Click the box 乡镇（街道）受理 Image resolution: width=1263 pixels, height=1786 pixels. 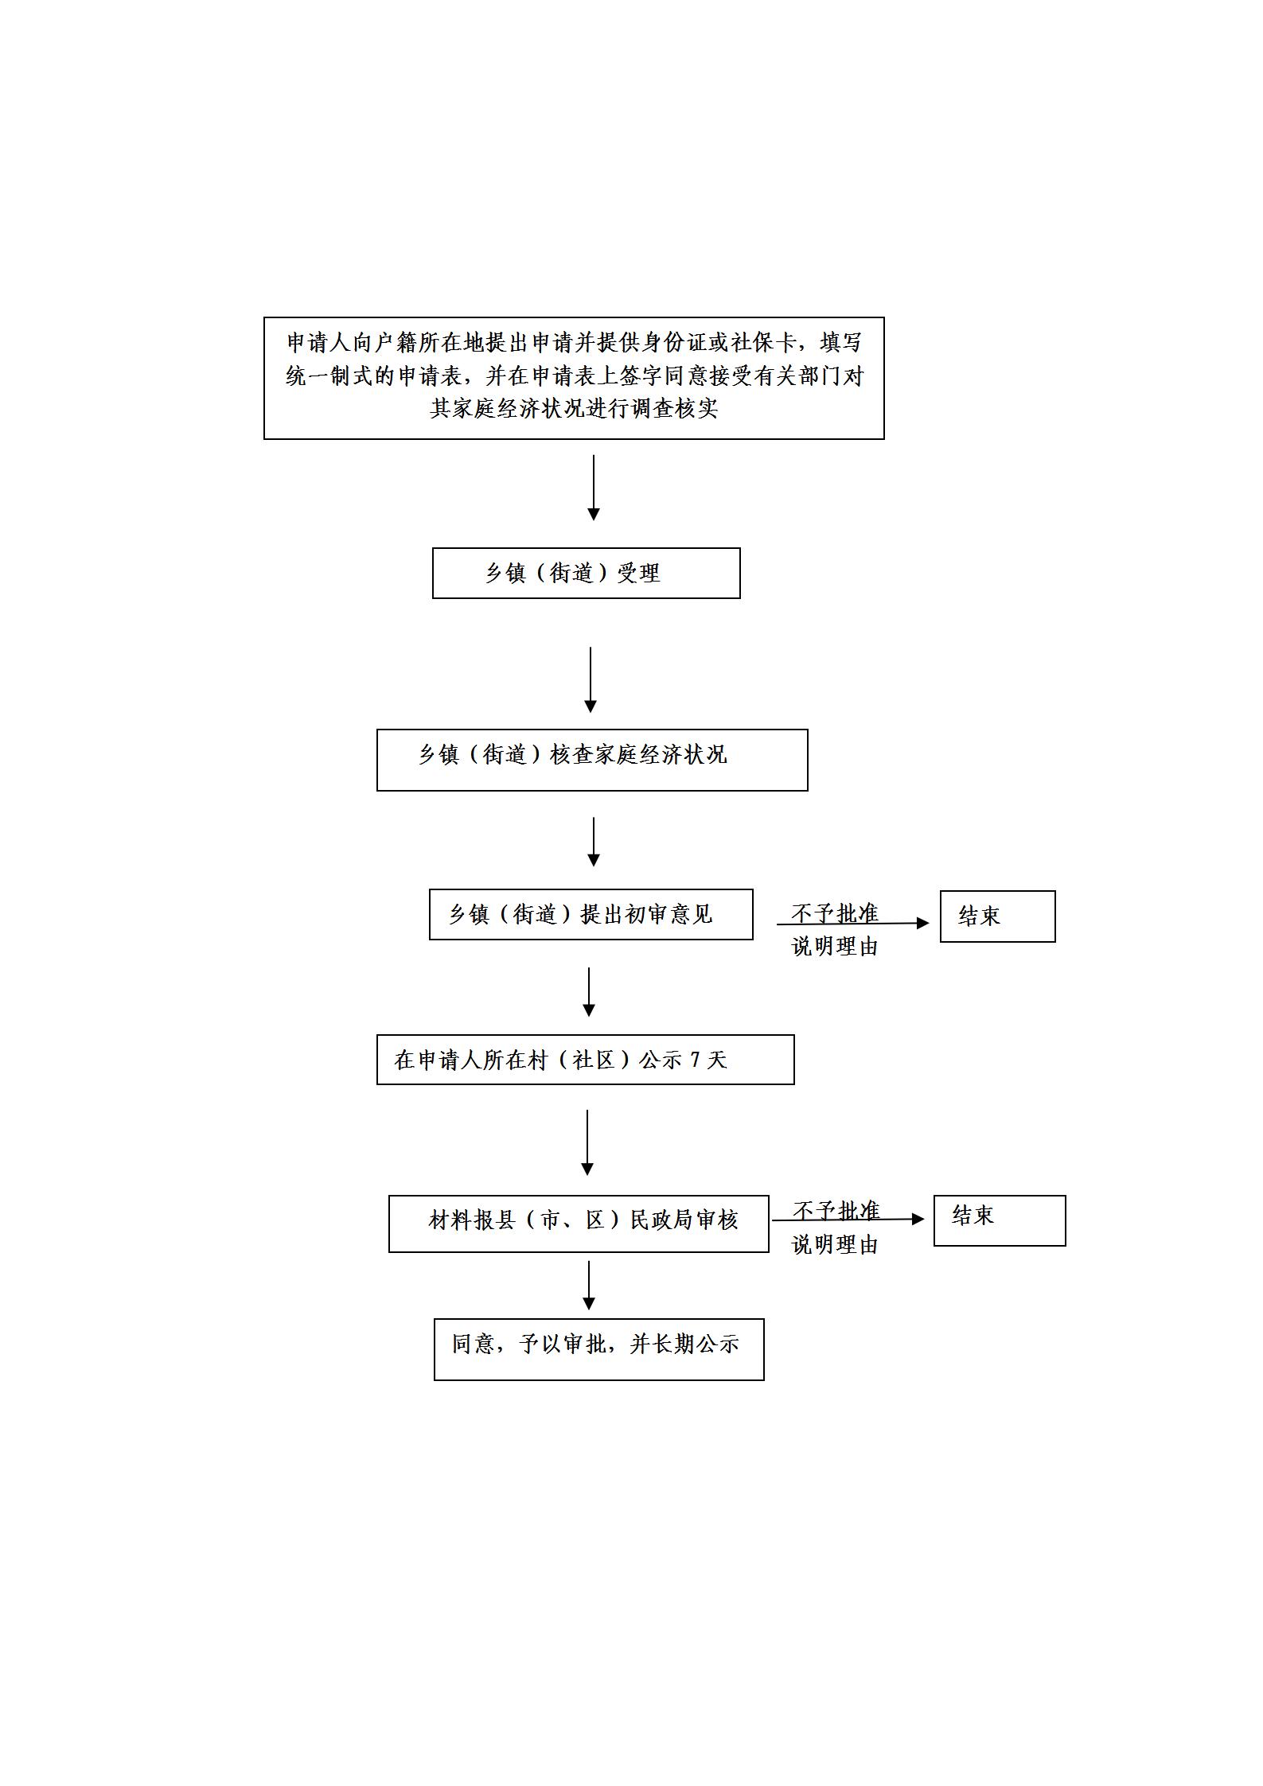coord(586,573)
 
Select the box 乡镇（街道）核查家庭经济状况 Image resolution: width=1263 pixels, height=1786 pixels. coord(592,760)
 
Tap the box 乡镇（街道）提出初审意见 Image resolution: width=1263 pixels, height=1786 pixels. coord(591,914)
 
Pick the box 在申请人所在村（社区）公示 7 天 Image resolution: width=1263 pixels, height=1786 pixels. coord(585,1059)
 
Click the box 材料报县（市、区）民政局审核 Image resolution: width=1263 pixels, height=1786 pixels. coord(579,1224)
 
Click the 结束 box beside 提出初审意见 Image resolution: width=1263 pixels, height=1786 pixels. coord(997,916)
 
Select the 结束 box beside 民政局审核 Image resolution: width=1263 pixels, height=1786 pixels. coord(999,1220)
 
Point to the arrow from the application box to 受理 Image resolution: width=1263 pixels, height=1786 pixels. coord(593,488)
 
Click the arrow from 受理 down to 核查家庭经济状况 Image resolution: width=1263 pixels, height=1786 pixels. coord(591,679)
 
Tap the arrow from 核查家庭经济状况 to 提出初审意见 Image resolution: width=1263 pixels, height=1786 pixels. coord(593,842)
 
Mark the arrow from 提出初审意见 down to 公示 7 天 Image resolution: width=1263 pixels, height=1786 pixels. coord(589,992)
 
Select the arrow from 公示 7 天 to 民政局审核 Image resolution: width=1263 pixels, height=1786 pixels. coord(587,1142)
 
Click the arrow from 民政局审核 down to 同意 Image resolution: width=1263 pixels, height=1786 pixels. coord(589,1286)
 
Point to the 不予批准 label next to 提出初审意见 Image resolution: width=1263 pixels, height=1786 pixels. coord(835,912)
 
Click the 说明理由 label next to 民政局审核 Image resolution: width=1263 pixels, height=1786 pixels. coord(835,1244)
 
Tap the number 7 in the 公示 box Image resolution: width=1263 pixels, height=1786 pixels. coord(695,1060)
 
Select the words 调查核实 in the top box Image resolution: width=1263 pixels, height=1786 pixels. coord(675,408)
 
